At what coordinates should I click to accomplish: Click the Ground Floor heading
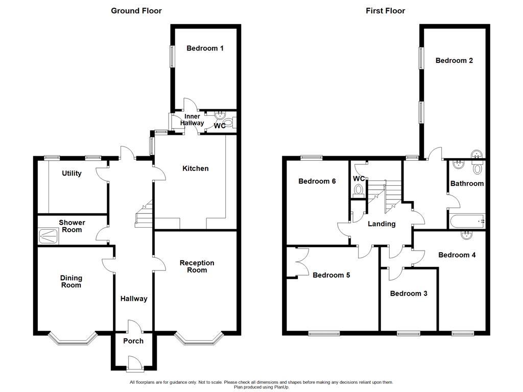click(x=136, y=11)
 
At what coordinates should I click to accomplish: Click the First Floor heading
click(x=385, y=11)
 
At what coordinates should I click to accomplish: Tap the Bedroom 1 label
click(x=205, y=48)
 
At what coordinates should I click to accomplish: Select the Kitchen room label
click(x=196, y=168)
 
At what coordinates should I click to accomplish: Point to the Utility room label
click(x=72, y=174)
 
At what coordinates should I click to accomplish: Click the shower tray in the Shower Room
click(x=49, y=235)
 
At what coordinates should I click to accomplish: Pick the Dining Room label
click(x=71, y=282)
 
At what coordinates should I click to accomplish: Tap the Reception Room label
click(x=197, y=266)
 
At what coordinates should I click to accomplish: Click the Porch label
click(x=133, y=341)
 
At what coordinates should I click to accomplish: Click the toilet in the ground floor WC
click(x=229, y=122)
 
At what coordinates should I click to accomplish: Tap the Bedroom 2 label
click(x=454, y=61)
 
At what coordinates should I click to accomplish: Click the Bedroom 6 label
click(x=317, y=181)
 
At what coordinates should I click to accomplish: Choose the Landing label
click(x=382, y=224)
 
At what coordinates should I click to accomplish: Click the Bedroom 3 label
click(x=409, y=293)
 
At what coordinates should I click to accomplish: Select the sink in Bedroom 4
click(x=466, y=235)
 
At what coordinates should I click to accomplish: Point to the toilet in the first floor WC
click(x=359, y=190)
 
